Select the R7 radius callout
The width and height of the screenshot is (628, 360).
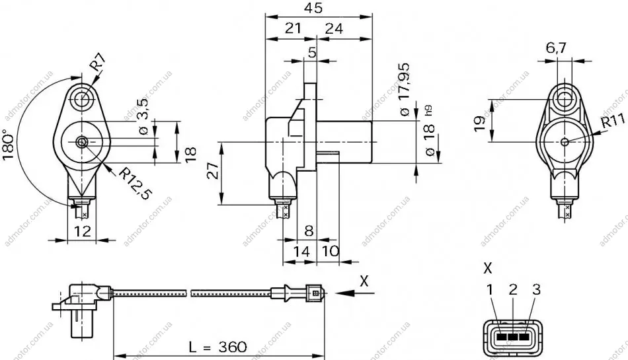(98, 63)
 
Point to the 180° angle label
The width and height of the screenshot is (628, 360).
(9, 144)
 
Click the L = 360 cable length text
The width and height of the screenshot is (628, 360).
(218, 346)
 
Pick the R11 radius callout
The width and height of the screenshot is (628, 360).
(613, 120)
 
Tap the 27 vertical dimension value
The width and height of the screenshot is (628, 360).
(214, 170)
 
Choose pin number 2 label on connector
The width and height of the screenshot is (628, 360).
(513, 289)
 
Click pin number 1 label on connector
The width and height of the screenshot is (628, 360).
(490, 289)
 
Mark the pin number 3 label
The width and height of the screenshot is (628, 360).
(536, 289)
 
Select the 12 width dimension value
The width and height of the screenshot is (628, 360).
(82, 231)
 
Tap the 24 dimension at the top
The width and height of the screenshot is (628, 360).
(334, 28)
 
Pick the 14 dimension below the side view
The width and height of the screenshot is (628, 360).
(301, 252)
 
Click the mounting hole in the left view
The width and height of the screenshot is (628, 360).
(83, 98)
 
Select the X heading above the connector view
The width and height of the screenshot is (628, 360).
(487, 268)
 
